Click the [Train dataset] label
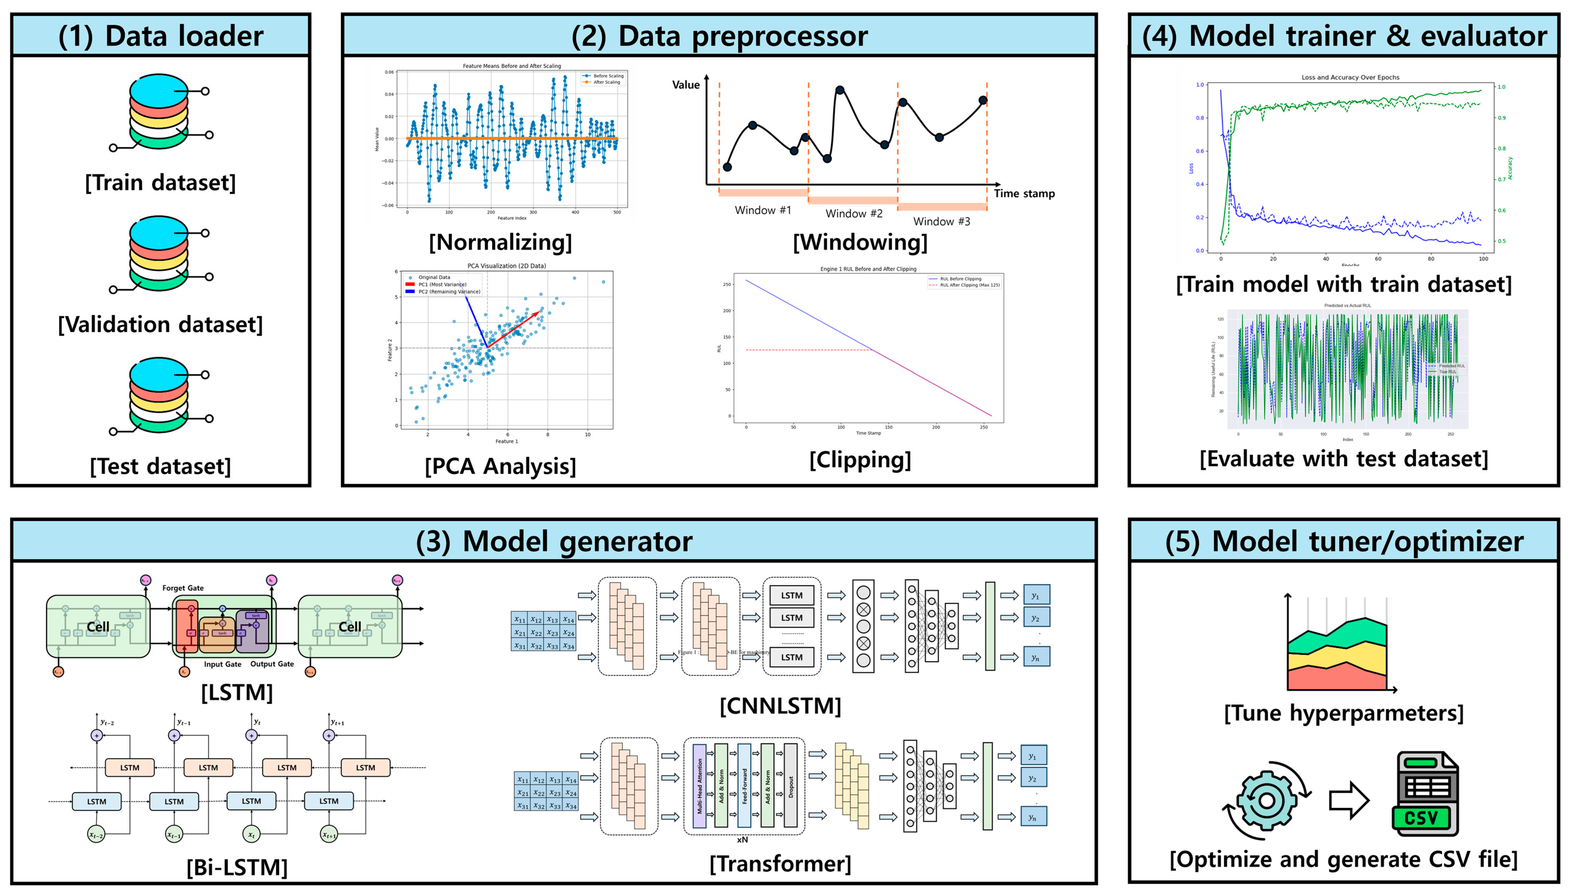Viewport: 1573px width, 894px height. [x=160, y=182]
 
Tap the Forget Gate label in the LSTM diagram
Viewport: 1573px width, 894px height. [x=183, y=588]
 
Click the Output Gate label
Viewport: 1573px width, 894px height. [x=272, y=664]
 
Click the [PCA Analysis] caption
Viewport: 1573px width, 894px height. [x=500, y=466]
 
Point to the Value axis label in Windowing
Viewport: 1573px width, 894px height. [x=686, y=85]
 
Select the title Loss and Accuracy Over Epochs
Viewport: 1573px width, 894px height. [x=1350, y=77]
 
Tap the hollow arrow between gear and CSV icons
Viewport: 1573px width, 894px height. [x=1349, y=800]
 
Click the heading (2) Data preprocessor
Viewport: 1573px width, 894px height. [x=719, y=36]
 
